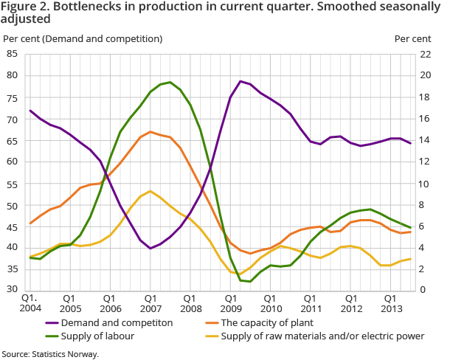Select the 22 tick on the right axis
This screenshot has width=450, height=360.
[426, 53]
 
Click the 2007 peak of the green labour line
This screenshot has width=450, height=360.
[170, 82]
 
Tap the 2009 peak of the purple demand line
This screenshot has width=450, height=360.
[240, 81]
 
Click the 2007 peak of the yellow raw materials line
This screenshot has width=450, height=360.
[150, 191]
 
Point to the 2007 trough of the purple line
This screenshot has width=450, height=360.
[150, 249]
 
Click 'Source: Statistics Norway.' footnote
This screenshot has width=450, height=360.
[49, 353]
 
